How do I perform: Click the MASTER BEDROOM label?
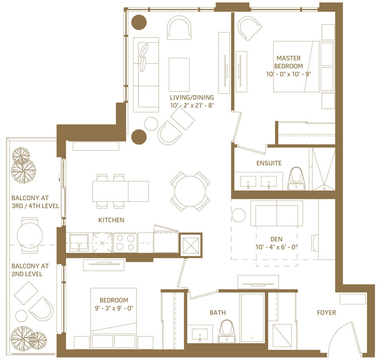tap(288, 62)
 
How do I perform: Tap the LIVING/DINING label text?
tap(192, 98)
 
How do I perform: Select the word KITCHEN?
tap(111, 220)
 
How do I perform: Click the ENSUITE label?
tap(269, 163)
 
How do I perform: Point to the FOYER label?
tap(327, 313)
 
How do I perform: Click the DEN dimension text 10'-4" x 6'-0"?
tap(276, 247)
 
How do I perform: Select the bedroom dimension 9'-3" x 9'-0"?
tap(114, 308)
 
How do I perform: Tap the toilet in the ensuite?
tap(297, 178)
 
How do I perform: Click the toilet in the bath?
tap(227, 331)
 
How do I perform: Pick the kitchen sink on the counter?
tap(79, 243)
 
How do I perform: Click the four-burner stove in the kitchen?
tap(125, 242)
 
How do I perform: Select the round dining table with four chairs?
tap(190, 191)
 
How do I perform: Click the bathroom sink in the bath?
tap(200, 334)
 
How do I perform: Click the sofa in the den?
tap(276, 214)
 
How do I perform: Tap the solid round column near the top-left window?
tap(139, 22)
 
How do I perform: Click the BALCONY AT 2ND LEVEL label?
tap(30, 270)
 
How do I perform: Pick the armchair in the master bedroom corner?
tap(249, 28)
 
